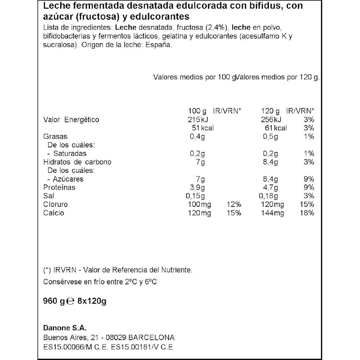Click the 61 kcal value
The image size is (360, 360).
click(275, 128)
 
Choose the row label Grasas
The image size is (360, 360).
click(55, 137)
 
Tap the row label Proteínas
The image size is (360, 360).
click(59, 188)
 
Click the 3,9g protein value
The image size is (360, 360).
click(197, 188)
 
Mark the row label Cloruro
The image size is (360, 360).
click(55, 204)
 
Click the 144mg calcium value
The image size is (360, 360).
click(272, 213)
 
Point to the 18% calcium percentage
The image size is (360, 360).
click(308, 213)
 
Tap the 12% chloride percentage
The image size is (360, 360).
click(234, 204)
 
